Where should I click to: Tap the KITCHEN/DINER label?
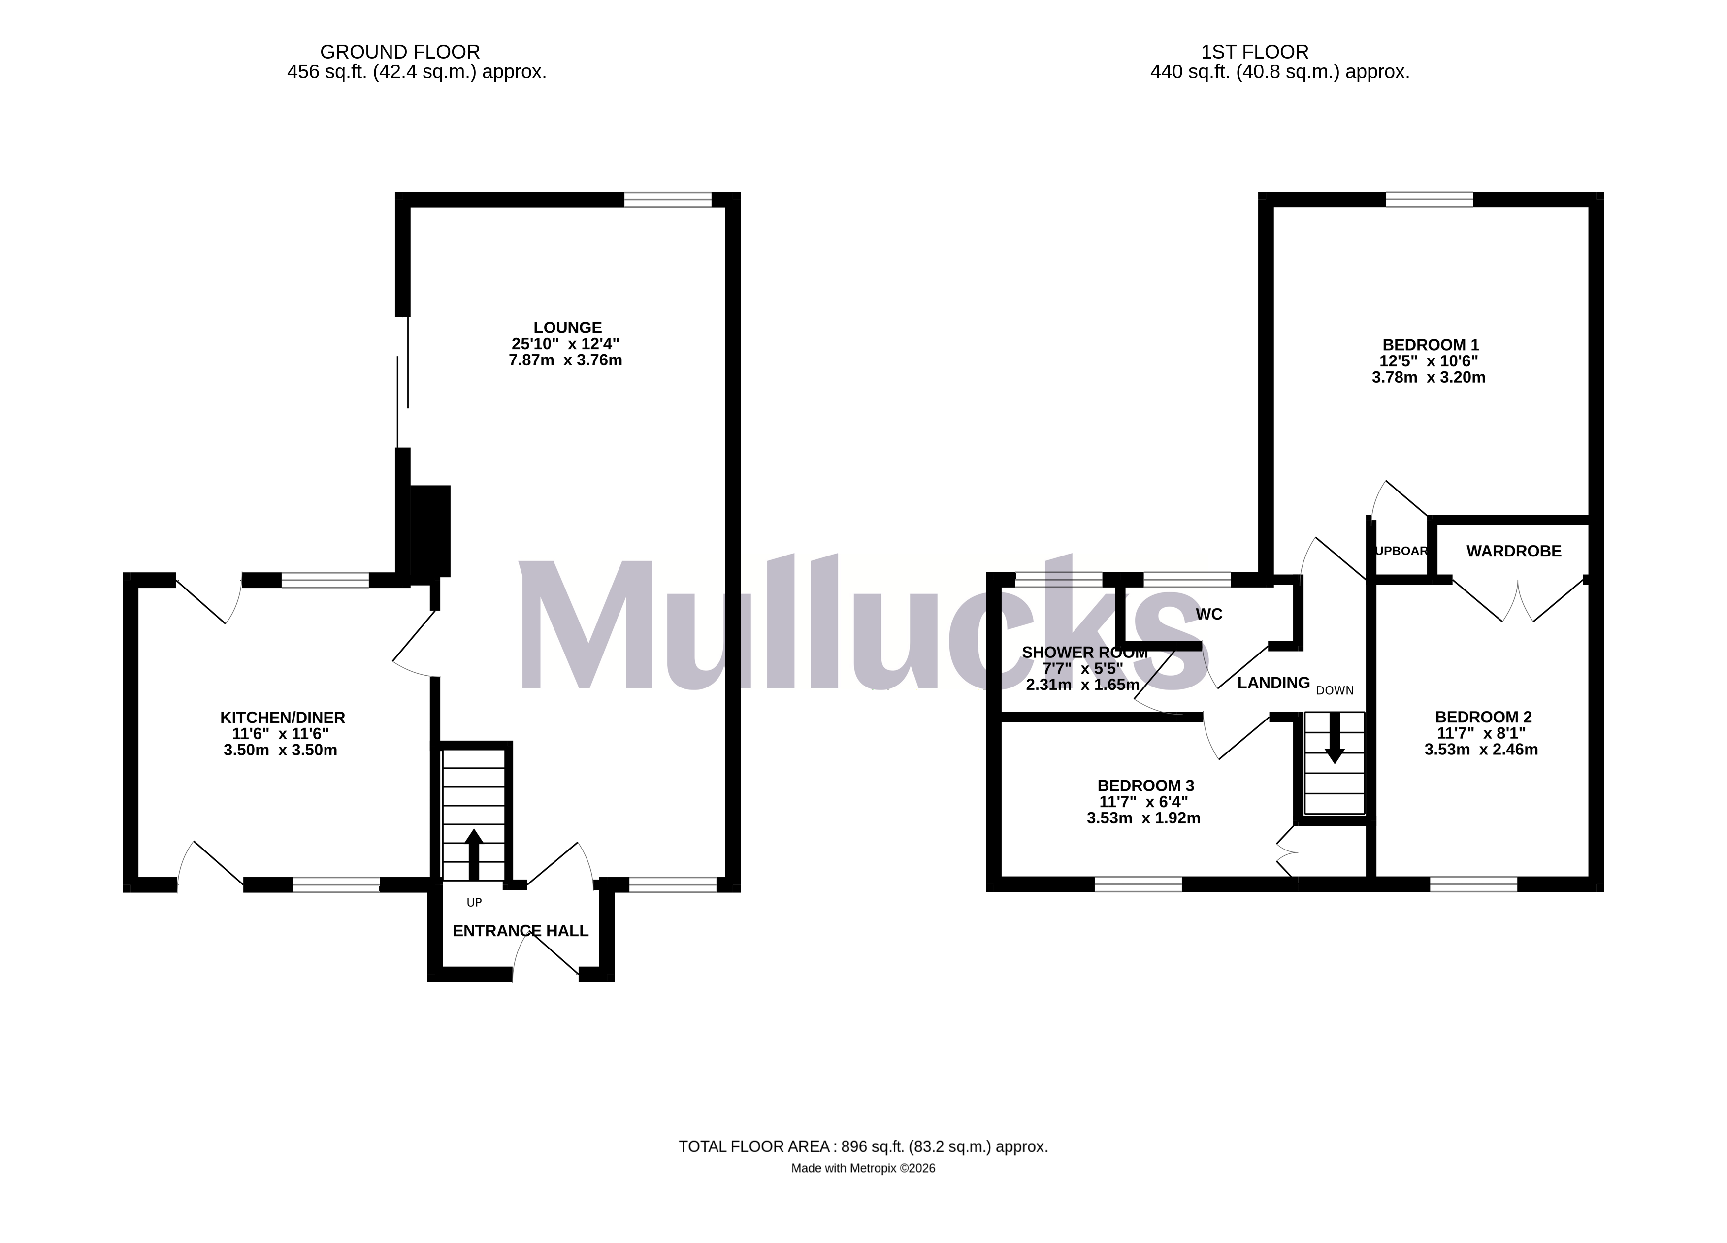tap(283, 718)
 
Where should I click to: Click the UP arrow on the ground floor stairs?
tap(474, 853)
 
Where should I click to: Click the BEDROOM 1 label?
tap(1431, 345)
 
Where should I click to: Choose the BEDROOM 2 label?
tap(1483, 717)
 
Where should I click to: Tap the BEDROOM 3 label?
tap(1145, 785)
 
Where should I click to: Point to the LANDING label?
tap(1273, 683)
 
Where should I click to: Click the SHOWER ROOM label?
tap(1084, 653)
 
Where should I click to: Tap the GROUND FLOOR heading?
tap(400, 52)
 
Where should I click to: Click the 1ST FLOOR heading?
tap(1255, 52)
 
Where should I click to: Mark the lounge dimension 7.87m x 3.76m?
tap(565, 361)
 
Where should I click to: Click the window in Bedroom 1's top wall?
tap(1429, 199)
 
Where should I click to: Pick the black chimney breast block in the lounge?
tap(430, 531)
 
